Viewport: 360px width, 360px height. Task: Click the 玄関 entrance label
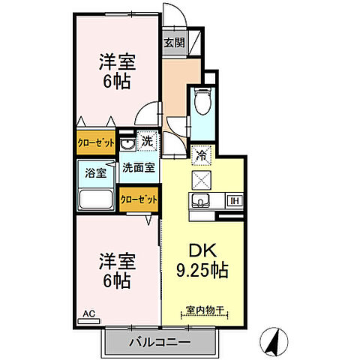(174, 43)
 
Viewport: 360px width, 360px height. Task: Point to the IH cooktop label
(233, 200)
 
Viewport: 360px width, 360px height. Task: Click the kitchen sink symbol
(201, 200)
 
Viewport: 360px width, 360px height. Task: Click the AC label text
(88, 313)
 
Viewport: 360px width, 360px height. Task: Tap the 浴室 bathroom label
(94, 171)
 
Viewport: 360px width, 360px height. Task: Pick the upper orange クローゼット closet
(95, 141)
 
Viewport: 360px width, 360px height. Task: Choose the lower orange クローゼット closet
(139, 199)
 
